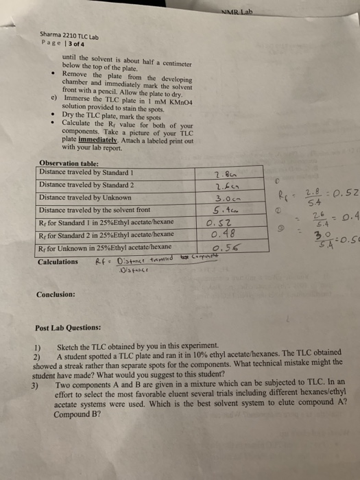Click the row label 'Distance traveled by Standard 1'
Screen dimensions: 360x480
84,171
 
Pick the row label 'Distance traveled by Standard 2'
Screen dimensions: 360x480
84,184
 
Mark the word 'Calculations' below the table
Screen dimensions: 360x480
58,261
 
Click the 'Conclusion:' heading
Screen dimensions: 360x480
56,294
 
